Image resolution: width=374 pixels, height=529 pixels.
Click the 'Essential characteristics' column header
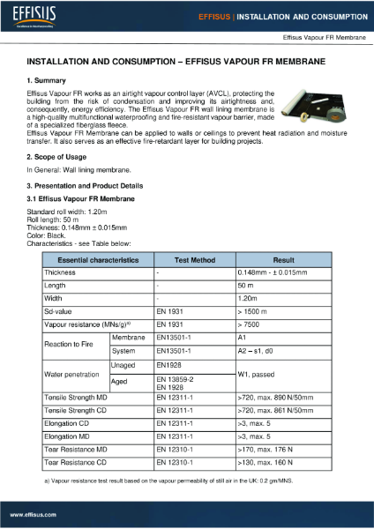click(98, 260)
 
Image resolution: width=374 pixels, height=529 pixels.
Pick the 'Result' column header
click(282, 260)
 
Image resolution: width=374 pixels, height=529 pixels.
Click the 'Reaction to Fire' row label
click(71, 343)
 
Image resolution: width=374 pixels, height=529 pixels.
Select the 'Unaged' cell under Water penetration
click(123, 364)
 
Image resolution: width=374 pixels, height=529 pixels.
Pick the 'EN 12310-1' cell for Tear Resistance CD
click(174, 461)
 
